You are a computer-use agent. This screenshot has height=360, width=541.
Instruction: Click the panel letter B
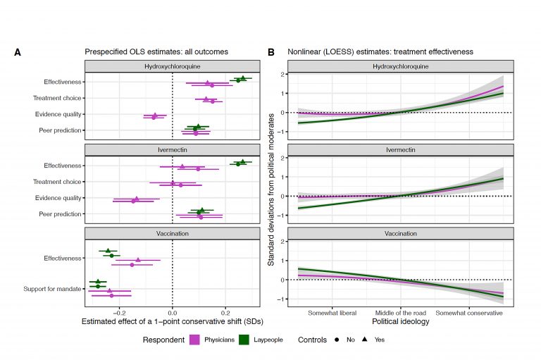[271, 52]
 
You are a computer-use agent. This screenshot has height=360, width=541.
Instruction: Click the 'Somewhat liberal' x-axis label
[331, 312]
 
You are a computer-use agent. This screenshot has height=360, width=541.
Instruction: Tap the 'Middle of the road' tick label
[399, 312]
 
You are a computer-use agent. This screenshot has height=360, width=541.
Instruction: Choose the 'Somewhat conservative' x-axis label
[469, 312]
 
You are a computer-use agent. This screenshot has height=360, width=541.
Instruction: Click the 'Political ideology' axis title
[399, 321]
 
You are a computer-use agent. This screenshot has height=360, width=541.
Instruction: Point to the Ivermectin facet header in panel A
[172, 150]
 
